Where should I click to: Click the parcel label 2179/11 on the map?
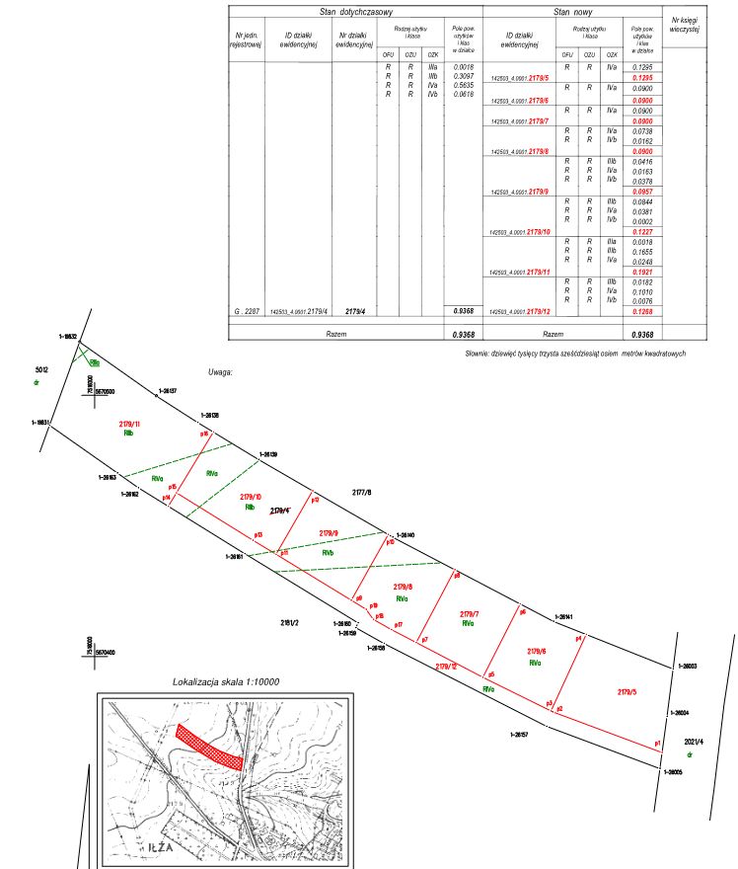point(130,424)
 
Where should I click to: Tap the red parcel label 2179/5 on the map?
point(628,691)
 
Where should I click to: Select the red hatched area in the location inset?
point(209,746)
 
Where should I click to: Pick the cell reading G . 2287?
point(246,311)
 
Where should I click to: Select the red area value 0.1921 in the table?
point(643,272)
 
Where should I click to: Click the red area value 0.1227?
point(643,232)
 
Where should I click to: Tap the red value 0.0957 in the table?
point(643,191)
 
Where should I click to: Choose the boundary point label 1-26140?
point(404,535)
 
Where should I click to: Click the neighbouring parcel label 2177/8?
point(362,491)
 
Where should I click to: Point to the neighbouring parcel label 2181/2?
point(289,622)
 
